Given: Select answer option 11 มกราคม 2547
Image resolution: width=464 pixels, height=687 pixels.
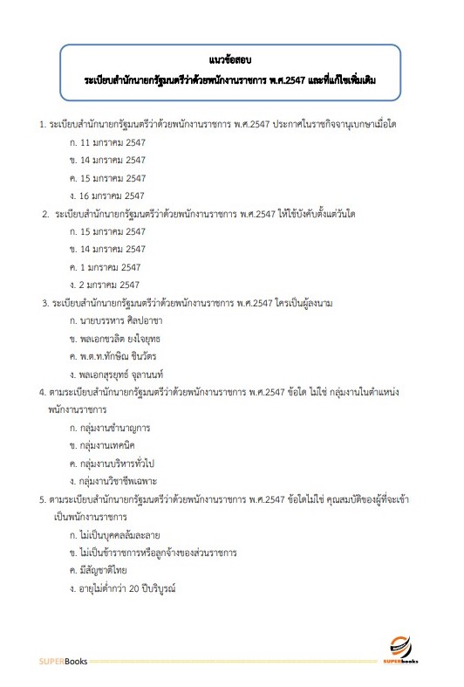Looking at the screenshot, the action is [112, 142].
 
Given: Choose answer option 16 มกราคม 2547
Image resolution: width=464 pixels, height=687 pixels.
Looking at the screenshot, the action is [112, 196].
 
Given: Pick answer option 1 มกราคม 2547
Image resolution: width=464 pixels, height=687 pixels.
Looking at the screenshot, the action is [109, 266].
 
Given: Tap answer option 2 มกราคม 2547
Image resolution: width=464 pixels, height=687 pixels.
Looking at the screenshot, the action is [109, 285].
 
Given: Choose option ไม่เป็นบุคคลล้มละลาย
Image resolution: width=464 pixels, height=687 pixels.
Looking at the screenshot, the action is [125, 534].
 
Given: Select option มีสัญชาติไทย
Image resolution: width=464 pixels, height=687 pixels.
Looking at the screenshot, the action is [109, 570].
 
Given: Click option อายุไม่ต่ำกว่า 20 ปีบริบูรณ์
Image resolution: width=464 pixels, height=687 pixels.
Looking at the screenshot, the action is [133, 588].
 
